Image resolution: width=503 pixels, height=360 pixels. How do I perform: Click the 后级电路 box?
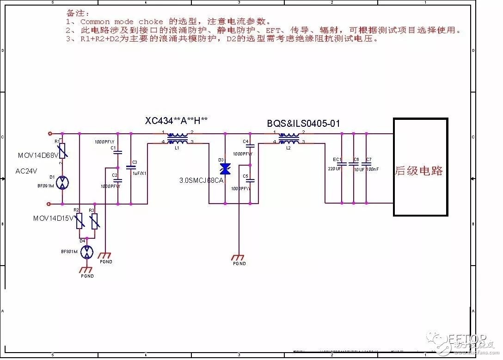[x=420, y=167]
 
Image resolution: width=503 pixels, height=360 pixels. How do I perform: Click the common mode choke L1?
[x=178, y=138]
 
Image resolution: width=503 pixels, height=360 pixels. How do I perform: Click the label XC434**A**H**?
[x=177, y=121]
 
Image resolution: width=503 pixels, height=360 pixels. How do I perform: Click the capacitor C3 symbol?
[x=131, y=167]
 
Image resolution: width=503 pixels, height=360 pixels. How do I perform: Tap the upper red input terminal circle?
[x=50, y=133]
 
